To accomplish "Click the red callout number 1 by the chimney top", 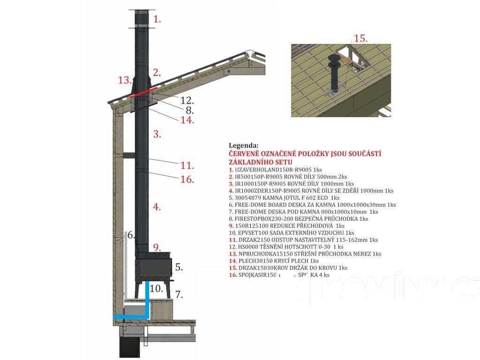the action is (x=157, y=20).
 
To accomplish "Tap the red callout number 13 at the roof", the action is (x=125, y=80).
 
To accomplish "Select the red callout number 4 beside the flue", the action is (x=157, y=206).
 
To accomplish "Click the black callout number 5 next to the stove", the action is (x=179, y=267).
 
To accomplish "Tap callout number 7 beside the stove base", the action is (x=179, y=295).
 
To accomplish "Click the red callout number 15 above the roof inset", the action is (x=360, y=38).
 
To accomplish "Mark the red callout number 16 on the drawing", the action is (x=187, y=179).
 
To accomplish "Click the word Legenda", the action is (x=243, y=146).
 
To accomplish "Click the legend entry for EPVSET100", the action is (x=291, y=233).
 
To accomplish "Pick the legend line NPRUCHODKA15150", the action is (x=305, y=254).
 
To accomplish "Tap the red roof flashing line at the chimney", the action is (x=143, y=92).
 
